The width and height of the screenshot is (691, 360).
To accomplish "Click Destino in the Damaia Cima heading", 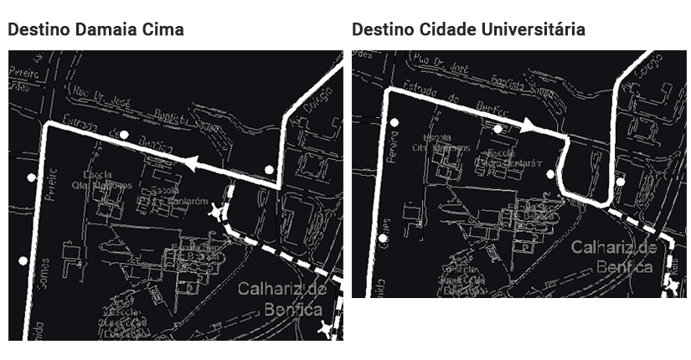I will pyautogui.click(x=39, y=30).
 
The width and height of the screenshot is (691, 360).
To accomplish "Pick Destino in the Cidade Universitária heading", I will pyautogui.click(x=383, y=30).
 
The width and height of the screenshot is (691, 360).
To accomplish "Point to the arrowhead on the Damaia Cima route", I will pyautogui.click(x=193, y=164).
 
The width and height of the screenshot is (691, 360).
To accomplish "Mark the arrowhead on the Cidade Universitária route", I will pyautogui.click(x=529, y=125).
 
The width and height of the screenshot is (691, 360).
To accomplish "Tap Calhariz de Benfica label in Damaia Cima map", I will pyautogui.click(x=280, y=299).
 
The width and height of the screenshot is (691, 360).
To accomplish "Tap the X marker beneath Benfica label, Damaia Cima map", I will pyautogui.click(x=326, y=329).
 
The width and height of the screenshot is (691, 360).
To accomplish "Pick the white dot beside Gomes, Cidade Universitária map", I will pyautogui.click(x=383, y=239).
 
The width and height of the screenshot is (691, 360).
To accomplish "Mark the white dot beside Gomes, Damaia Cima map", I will pyautogui.click(x=23, y=261).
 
